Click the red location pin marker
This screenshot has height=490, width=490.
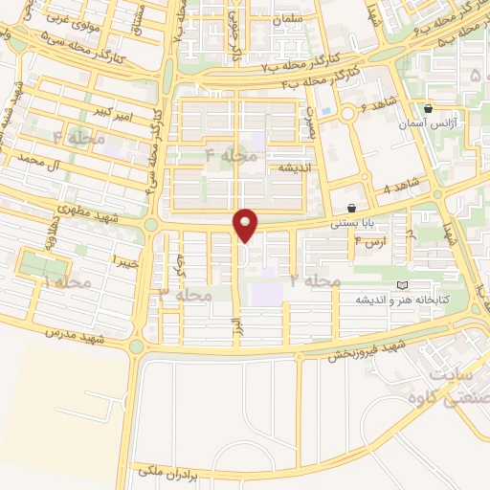pos(246,225)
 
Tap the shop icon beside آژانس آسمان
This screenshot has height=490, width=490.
pos(428,108)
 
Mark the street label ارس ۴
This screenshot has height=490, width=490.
pos(370,241)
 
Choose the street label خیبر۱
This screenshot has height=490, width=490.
pos(126,260)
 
